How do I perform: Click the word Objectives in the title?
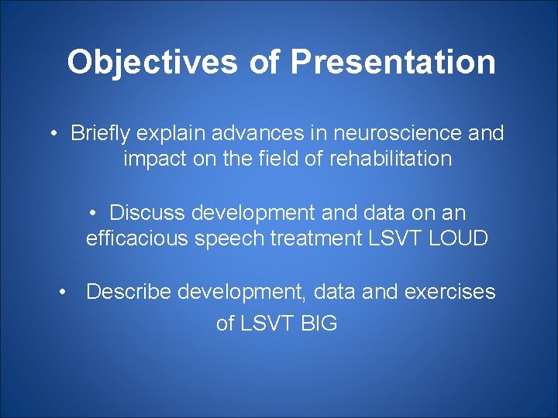coord(152,62)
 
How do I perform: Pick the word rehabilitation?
coord(390,159)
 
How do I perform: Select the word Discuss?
coord(147,212)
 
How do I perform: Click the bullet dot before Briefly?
coord(56,134)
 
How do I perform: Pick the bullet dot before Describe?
coord(67,293)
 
